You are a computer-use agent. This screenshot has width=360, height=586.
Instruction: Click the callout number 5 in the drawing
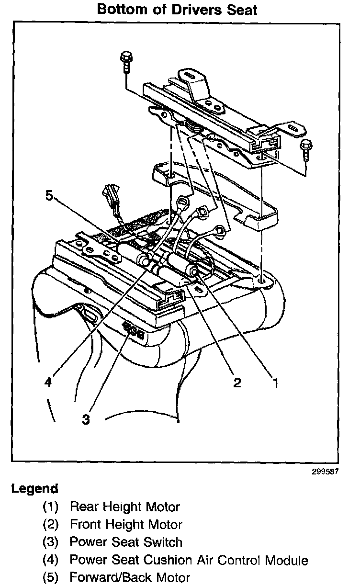tap(49, 196)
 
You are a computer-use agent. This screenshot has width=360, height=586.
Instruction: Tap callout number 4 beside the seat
tap(48, 383)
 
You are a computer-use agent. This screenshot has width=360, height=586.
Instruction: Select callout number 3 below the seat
tap(86, 419)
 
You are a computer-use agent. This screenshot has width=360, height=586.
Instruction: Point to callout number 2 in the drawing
tap(236, 383)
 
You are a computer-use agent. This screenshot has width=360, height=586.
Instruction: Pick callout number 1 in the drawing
tap(275, 383)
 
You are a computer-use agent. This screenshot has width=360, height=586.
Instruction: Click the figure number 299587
tap(326, 471)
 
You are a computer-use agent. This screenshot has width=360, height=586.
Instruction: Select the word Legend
tap(34, 489)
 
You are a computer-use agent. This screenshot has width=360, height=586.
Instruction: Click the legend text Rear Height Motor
tap(125, 507)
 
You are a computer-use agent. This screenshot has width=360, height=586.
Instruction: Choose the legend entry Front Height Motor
tap(126, 524)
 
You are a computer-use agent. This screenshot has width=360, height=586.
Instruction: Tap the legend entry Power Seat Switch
tap(126, 542)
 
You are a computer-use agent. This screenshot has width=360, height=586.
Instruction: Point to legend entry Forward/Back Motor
tap(130, 577)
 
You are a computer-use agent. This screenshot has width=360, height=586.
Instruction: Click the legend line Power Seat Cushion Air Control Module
tap(189, 560)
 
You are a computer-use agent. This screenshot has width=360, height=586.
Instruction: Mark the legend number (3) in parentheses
tap(50, 542)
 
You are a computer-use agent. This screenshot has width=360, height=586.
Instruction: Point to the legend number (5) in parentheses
tap(50, 577)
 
